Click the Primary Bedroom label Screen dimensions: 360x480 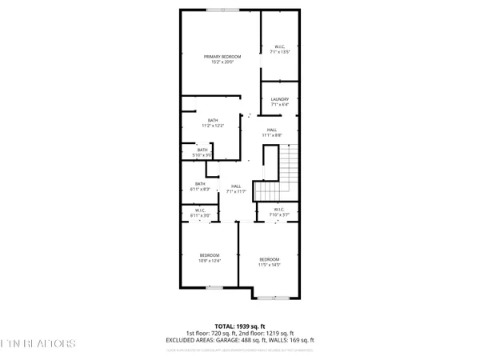pos(220,59)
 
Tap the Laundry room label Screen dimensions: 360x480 pos(280,101)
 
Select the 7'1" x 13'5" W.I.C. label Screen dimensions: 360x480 pos(280,50)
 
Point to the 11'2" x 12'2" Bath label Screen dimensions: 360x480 pos(213,123)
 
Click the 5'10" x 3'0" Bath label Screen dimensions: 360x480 pos(202,152)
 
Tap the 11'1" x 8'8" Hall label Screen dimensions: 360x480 pos(272,133)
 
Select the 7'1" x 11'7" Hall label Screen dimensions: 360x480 pos(236,189)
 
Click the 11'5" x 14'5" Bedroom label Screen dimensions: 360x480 pos(270,262)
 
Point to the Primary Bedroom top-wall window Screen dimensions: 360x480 pos(215,10)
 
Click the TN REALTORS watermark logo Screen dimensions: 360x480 pos(38,343)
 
